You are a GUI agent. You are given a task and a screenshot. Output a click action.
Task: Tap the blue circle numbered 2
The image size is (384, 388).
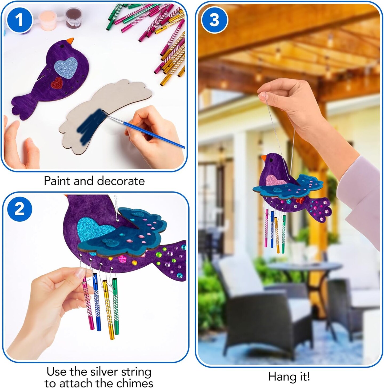coord(19,209)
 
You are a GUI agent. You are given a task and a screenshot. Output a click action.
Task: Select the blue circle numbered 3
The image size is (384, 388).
coord(214,20)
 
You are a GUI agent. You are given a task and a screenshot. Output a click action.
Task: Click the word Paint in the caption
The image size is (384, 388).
coord(57,181)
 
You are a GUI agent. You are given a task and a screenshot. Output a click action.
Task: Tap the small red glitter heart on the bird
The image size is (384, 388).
coord(57,83)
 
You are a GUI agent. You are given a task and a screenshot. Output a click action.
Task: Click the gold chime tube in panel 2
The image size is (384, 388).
coord(108,311)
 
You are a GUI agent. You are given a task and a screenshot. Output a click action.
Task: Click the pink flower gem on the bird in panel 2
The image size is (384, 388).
coord(123,258)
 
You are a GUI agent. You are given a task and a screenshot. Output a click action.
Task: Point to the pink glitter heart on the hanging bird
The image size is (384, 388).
coord(275,180)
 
